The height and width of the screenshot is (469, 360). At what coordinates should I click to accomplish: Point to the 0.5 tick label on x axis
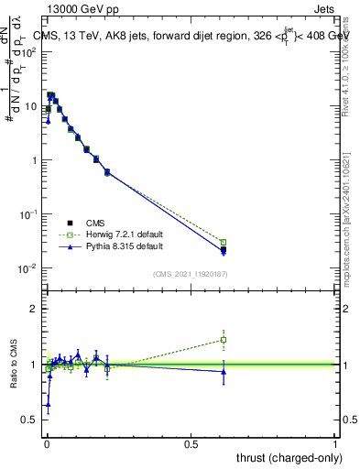click(x=191, y=442)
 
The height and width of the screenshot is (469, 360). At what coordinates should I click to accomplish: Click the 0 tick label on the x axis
click(x=46, y=442)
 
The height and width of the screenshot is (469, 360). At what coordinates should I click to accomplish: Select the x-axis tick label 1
click(x=335, y=442)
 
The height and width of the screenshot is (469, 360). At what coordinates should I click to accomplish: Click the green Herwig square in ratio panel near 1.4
click(x=224, y=340)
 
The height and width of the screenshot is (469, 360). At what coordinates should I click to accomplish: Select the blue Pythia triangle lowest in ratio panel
click(x=48, y=402)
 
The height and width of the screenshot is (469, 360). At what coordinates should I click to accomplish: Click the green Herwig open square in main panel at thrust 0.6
click(x=224, y=242)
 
